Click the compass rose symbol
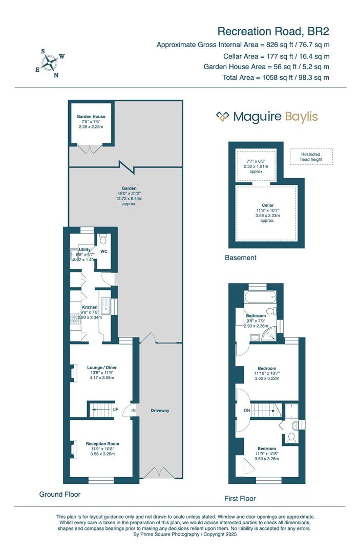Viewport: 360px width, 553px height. click(x=50, y=62)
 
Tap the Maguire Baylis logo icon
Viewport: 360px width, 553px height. click(x=222, y=117)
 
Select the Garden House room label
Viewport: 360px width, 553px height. click(x=91, y=117)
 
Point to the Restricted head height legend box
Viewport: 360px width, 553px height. click(x=310, y=157)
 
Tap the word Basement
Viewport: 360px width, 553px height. click(x=241, y=258)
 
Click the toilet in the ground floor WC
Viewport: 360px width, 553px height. click(x=103, y=239)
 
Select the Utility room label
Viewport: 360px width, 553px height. click(x=84, y=249)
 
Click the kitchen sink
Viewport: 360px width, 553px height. click(x=106, y=306)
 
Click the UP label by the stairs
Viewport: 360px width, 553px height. click(x=115, y=410)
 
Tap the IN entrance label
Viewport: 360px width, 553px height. click(x=134, y=411)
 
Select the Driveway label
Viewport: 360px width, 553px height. click(x=160, y=411)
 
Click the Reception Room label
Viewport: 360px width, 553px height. click(x=102, y=443)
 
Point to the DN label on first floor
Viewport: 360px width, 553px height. click(x=247, y=410)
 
